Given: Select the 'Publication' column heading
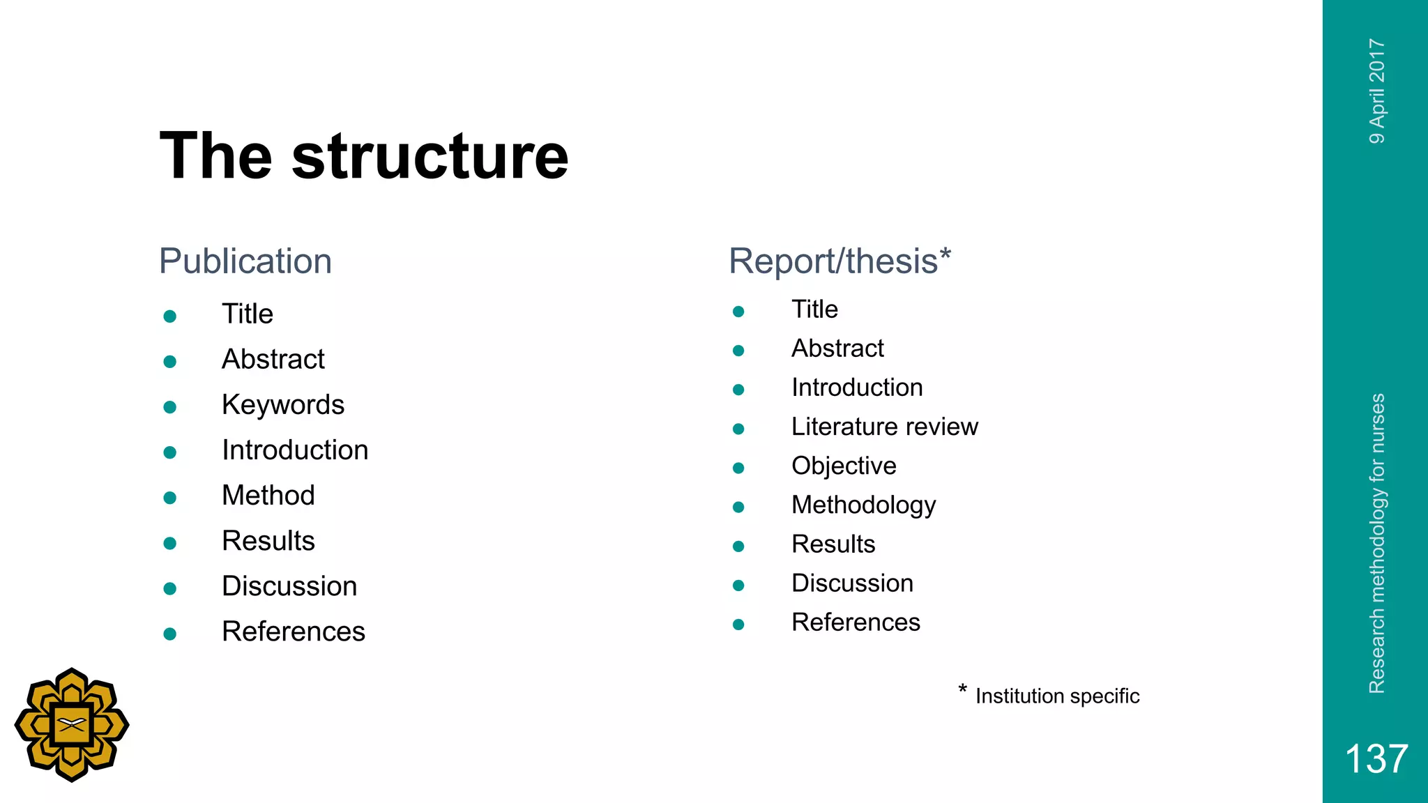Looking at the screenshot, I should (245, 261).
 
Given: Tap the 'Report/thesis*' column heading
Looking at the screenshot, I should (840, 261).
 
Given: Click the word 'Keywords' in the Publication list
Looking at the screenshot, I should (283, 405).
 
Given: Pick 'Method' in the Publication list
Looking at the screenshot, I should (268, 496).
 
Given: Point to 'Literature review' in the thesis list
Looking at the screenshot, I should (884, 427).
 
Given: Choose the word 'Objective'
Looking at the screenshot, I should (844, 466).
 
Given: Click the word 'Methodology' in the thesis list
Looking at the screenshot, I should (863, 505).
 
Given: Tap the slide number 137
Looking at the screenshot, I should (1376, 758).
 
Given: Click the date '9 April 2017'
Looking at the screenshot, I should (1377, 91).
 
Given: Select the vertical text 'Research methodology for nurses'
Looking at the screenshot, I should (1377, 544).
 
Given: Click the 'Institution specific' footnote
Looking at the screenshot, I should (1057, 696).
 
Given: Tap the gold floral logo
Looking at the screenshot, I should (72, 725).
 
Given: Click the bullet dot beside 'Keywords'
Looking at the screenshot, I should (169, 407).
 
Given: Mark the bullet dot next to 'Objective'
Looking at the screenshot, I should (738, 468).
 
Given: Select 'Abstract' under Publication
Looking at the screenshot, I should (273, 360).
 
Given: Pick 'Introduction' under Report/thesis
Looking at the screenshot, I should (857, 388).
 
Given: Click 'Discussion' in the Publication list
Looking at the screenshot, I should (289, 586).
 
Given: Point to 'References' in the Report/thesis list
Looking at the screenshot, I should (856, 622).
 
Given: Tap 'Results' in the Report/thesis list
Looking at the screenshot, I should (833, 544).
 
